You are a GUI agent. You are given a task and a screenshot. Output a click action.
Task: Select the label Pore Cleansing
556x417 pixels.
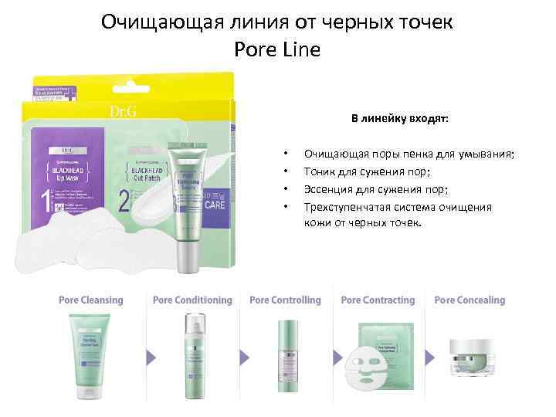90,300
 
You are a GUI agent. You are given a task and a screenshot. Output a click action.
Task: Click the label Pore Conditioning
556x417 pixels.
192,300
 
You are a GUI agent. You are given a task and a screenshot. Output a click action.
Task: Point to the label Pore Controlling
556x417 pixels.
285,300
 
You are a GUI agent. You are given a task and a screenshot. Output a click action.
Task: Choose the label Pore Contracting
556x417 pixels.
378,300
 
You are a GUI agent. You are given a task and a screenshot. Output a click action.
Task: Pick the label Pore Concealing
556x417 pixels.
470,300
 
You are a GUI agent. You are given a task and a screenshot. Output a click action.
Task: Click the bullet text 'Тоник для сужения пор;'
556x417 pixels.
366,171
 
